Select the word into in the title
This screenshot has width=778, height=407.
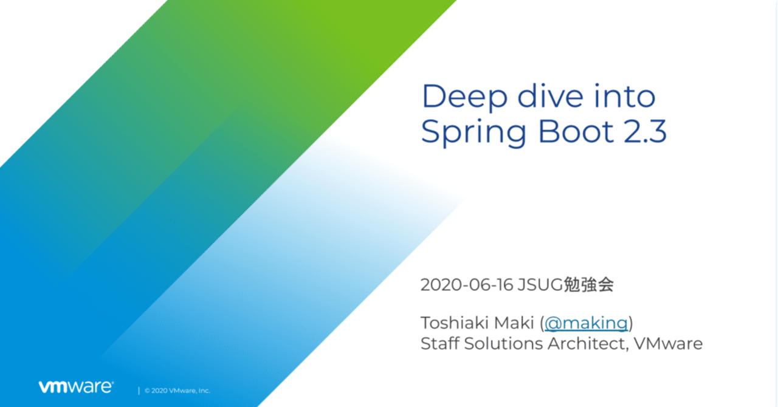point(626,97)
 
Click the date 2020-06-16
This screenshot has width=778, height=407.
point(466,285)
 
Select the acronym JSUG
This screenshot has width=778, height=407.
point(539,285)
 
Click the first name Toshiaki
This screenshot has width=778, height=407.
point(452,323)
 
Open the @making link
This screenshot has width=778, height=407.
point(586,323)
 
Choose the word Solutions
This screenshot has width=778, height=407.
point(504,343)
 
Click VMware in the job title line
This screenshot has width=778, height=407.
point(668,343)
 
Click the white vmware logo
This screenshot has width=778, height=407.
point(75,387)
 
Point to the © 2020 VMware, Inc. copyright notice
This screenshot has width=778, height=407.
point(177,391)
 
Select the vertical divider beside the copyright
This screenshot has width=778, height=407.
point(139,391)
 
